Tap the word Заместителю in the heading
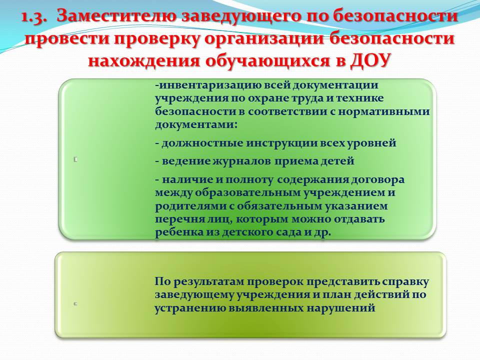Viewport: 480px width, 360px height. [117, 16]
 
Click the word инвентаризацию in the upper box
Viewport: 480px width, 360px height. [208, 85]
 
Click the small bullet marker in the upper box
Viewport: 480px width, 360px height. [75, 159]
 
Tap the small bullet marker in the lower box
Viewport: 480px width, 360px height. [75, 304]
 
